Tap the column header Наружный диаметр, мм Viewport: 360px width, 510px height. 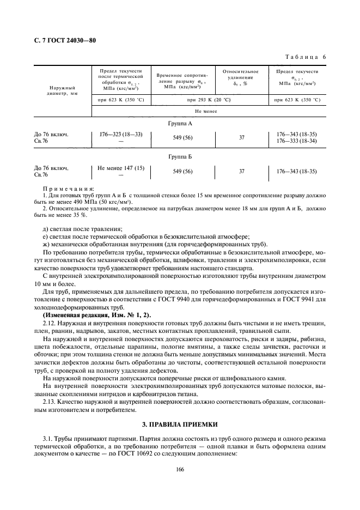pyautogui.click(x=63, y=90)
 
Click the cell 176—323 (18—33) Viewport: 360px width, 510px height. pyautogui.click(x=120, y=134)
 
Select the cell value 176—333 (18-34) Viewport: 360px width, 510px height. pyautogui.click(x=296, y=141)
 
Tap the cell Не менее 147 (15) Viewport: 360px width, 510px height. pyautogui.click(x=120, y=168)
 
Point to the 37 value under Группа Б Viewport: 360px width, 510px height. pyautogui.click(x=241, y=171)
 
